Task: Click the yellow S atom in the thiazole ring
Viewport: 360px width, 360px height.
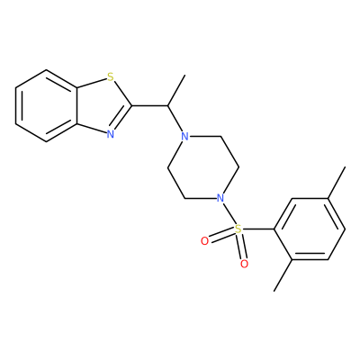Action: [x=111, y=77]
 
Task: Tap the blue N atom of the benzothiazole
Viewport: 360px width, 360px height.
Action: [x=111, y=134]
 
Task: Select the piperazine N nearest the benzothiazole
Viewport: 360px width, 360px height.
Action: [x=185, y=137]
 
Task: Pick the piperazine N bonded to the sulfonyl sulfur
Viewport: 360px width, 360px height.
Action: [x=220, y=198]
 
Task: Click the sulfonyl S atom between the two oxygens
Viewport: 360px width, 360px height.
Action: [x=238, y=229]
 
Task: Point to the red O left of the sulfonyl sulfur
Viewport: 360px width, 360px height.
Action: [x=204, y=241]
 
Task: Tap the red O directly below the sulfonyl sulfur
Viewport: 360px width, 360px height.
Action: [x=245, y=264]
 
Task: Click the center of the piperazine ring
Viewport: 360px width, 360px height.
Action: [x=203, y=167]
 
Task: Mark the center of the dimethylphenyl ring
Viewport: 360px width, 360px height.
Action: [x=310, y=229]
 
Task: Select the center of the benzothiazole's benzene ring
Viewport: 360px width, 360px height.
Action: [x=47, y=106]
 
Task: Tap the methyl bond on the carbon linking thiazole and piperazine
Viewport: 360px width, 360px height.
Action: [x=176, y=91]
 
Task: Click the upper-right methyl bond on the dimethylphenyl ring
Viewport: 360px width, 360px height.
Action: [x=337, y=183]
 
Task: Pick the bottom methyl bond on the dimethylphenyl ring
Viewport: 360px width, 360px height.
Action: [x=283, y=275]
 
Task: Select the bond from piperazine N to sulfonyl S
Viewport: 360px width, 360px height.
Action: [x=229, y=213]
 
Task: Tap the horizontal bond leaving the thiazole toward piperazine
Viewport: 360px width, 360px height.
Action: [x=149, y=106]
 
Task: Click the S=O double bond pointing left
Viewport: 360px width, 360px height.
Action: [x=221, y=235]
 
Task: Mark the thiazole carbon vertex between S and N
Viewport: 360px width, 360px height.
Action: [x=132, y=106]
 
